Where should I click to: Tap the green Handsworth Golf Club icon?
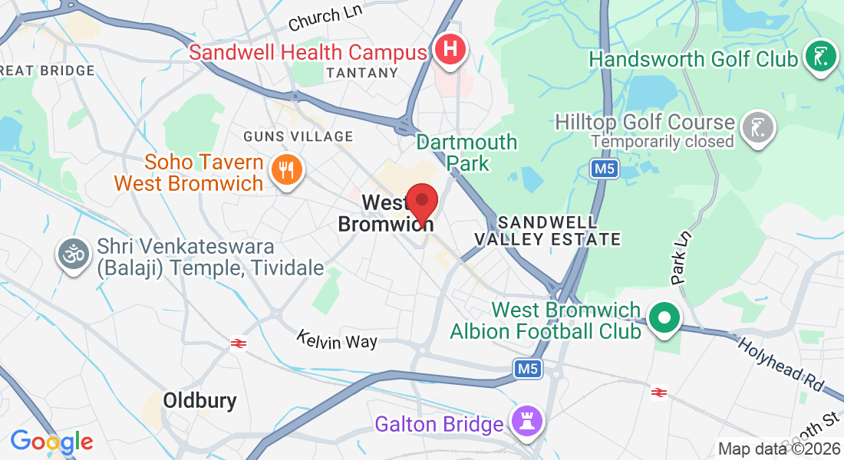tap(820, 58)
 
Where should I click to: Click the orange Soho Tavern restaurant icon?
tap(287, 169)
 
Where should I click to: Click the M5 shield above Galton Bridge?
tap(528, 370)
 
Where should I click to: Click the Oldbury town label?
tap(199, 400)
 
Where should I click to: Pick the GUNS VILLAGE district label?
tap(298, 136)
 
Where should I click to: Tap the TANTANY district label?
tap(362, 73)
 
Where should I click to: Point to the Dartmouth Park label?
tap(467, 153)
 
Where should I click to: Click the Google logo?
tap(51, 442)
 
